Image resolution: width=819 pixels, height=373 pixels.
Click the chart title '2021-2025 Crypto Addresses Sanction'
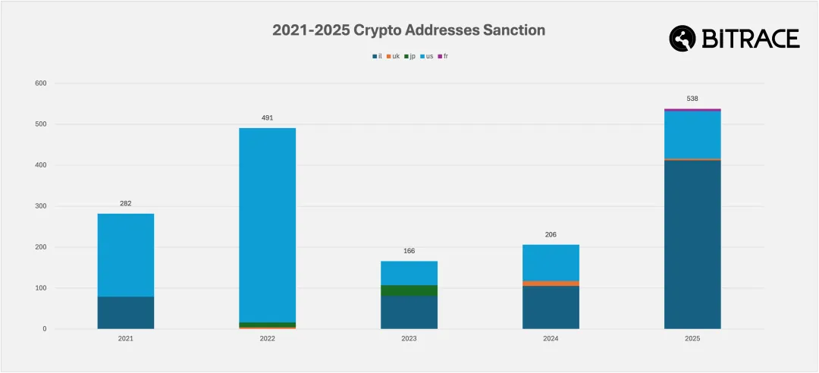409,30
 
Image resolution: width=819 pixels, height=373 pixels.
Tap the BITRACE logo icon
682,39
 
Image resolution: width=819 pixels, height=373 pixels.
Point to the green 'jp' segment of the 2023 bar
409,290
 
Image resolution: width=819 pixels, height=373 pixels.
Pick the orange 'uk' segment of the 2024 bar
551,284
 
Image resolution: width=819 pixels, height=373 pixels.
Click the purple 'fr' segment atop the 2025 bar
692,110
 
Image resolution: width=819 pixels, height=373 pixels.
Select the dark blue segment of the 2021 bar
126,312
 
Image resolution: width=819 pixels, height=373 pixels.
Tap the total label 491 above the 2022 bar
267,118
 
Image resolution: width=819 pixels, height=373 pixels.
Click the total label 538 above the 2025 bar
692,99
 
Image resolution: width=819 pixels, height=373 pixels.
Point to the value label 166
409,251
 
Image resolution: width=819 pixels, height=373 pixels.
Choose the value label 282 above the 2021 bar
126,204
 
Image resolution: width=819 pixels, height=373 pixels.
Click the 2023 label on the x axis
409,339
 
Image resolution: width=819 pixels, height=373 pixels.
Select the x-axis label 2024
551,339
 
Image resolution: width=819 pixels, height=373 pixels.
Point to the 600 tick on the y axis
40,83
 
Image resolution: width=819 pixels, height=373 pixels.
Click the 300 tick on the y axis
40,206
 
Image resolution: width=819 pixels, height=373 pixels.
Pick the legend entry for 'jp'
409,56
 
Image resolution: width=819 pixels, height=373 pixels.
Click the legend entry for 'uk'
392,56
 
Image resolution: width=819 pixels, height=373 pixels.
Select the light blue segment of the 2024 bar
551,262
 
